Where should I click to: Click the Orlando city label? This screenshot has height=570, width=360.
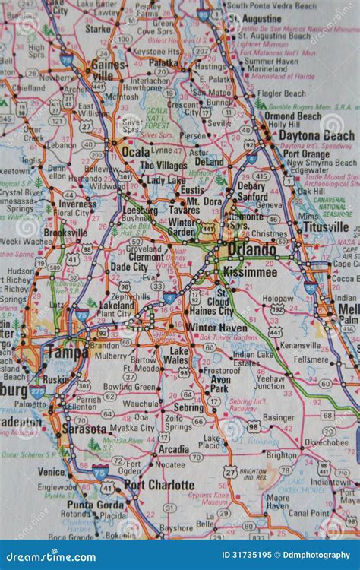point(251,250)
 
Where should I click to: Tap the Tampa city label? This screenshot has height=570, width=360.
point(65,352)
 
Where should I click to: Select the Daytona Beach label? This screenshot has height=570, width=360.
point(316,136)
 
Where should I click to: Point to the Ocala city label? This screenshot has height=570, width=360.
point(135,152)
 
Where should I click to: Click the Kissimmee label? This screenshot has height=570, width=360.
point(250,272)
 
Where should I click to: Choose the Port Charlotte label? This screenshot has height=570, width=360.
point(159,485)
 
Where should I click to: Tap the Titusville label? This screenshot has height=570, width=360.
point(324,226)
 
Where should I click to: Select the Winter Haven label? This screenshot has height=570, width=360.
point(216,328)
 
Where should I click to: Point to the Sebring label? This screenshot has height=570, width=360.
point(188,407)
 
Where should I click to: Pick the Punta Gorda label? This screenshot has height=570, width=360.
point(95,504)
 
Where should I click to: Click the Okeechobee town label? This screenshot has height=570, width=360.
point(327,442)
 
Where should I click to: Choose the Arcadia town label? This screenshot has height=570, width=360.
point(174,449)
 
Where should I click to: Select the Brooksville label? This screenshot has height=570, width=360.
point(65,233)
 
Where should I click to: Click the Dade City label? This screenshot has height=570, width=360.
point(129,268)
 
